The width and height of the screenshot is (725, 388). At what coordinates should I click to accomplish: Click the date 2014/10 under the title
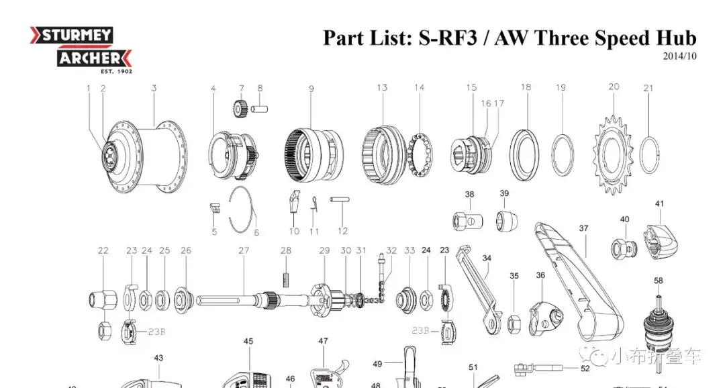679,56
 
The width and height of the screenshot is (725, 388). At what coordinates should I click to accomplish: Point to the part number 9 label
311,89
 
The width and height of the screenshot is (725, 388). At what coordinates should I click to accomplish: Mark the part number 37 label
583,228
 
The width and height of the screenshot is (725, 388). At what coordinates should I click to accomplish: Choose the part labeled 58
659,322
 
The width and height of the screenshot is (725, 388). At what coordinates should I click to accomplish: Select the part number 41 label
659,204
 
